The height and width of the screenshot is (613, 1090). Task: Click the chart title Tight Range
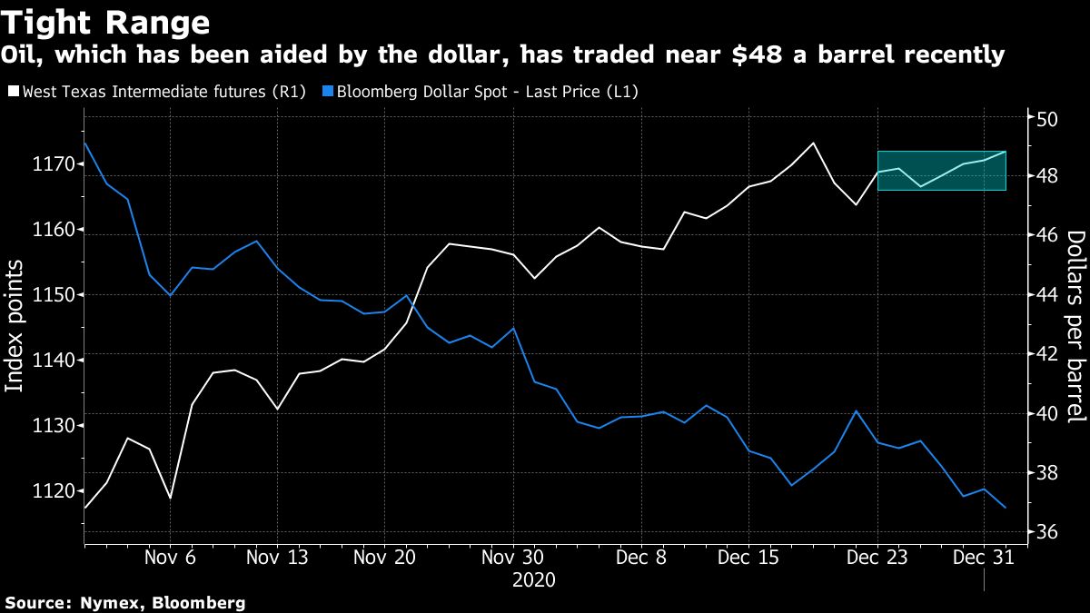(108, 22)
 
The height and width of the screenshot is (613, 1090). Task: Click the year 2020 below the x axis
(535, 579)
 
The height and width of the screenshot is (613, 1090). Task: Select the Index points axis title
(15, 326)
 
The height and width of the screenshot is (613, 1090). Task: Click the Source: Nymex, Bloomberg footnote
(125, 602)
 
